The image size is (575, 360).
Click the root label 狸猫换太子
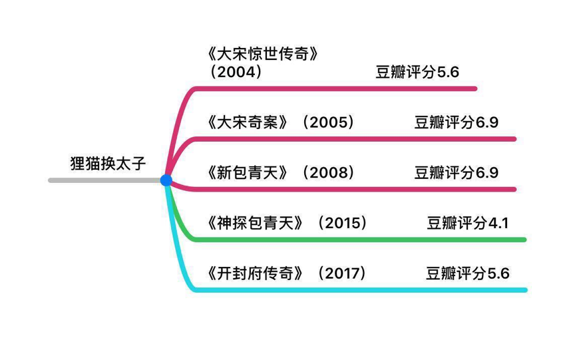click(107, 164)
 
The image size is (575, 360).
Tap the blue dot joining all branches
click(166, 180)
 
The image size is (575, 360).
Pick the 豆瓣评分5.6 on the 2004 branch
click(417, 72)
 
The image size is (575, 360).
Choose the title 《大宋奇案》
click(248, 122)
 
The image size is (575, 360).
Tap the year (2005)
click(327, 122)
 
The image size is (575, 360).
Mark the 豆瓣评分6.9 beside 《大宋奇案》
click(457, 122)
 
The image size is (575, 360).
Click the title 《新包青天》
click(248, 173)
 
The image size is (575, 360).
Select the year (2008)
click(327, 173)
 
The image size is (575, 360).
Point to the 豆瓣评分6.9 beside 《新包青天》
click(457, 173)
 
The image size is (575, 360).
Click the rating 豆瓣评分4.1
click(468, 223)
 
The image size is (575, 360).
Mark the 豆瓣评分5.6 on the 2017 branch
click(468, 273)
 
